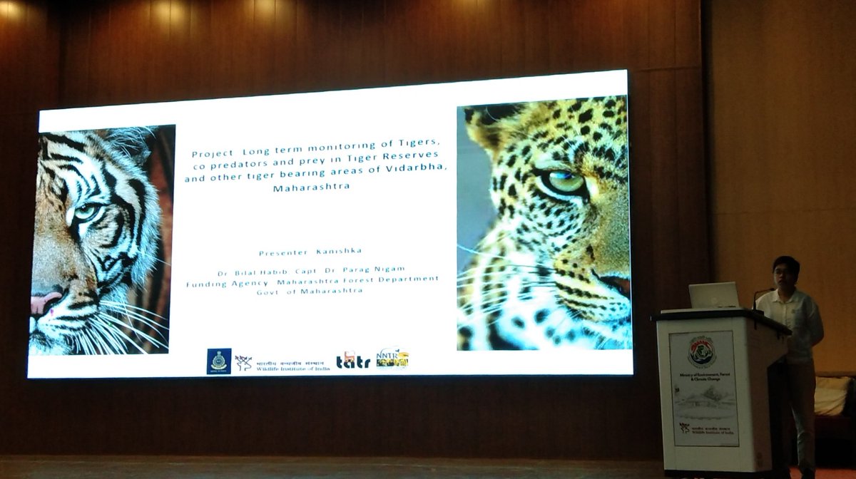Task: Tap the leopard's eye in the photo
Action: point(564,182)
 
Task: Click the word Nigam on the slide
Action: point(389,269)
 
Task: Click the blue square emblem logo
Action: point(218,361)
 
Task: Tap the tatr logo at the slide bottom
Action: point(353,360)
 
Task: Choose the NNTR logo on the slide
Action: point(392,358)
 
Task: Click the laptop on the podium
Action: point(713,295)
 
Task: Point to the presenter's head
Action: point(785,272)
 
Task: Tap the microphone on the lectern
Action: point(759,294)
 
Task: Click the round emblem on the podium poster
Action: point(701,351)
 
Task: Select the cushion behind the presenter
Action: point(833,396)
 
